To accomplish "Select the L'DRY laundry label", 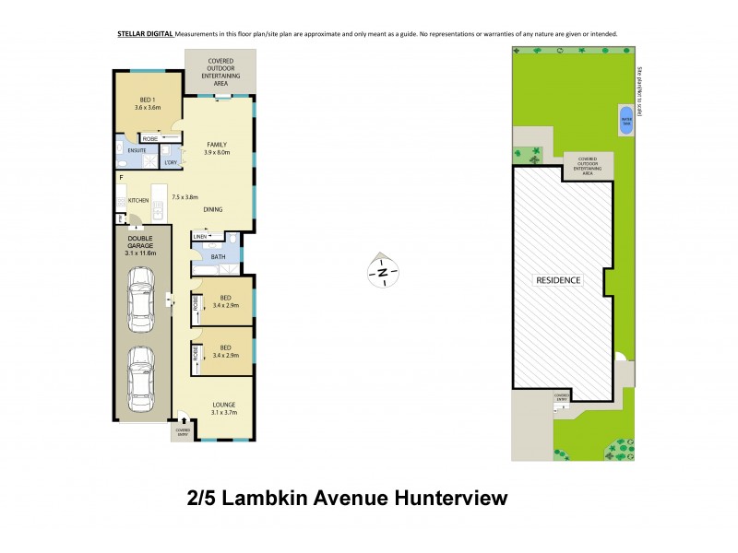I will click(171, 163).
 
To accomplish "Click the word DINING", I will click(213, 210).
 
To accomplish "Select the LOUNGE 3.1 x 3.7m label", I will click(223, 408).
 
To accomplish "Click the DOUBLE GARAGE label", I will click(141, 247).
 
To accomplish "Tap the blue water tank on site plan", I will click(627, 120).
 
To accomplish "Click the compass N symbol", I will click(381, 272).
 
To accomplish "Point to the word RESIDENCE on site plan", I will click(559, 279).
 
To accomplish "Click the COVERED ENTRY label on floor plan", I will click(182, 431).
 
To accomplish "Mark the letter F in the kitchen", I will click(121, 175).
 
